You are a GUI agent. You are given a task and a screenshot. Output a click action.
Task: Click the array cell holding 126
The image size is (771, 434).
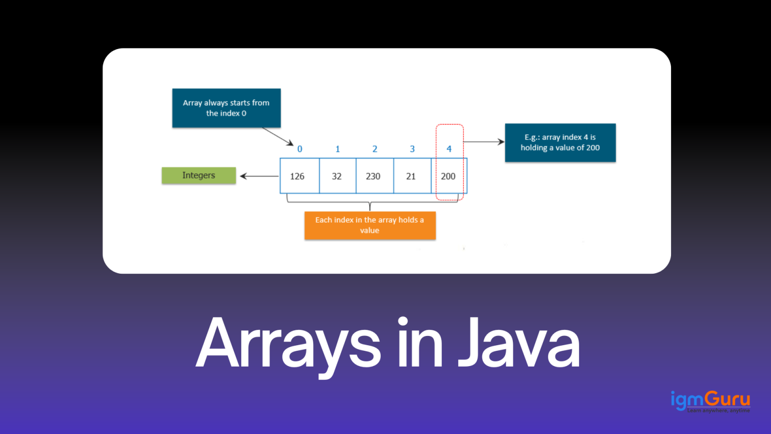(x=297, y=176)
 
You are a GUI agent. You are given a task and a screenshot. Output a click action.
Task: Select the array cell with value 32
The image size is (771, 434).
(x=337, y=176)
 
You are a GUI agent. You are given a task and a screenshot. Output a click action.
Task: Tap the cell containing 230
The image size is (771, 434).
(x=373, y=176)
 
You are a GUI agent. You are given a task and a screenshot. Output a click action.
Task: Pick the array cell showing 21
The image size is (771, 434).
(x=411, y=176)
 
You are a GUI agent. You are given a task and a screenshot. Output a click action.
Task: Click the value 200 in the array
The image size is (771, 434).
(x=448, y=176)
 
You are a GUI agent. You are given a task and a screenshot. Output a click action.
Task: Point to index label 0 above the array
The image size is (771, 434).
(x=300, y=149)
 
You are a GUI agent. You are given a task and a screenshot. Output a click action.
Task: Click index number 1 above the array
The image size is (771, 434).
(x=337, y=149)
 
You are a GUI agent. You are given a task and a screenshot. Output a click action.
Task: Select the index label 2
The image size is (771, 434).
(x=375, y=149)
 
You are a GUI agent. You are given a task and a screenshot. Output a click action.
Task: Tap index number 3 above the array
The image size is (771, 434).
(x=412, y=149)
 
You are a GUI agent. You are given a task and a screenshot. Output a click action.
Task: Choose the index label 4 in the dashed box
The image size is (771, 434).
(x=449, y=149)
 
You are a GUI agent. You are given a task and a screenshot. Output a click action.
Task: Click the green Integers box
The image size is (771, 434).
(x=198, y=176)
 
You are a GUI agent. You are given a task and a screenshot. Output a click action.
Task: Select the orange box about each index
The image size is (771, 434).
(x=370, y=225)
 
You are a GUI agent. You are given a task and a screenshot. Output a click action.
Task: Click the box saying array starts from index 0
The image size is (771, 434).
(x=226, y=108)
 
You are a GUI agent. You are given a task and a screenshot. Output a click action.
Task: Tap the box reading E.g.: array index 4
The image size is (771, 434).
(x=560, y=142)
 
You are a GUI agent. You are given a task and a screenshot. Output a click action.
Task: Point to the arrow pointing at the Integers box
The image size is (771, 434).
(x=259, y=176)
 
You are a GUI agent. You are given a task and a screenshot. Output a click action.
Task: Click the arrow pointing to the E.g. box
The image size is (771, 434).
(x=484, y=142)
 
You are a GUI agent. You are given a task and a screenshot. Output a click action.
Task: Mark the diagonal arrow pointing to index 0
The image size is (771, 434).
(x=278, y=137)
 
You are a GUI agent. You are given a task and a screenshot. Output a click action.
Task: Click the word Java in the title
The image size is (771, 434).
(x=518, y=343)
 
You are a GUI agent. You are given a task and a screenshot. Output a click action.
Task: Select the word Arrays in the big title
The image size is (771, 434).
(x=288, y=343)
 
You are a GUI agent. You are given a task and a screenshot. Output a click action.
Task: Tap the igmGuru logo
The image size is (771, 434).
(x=710, y=401)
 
